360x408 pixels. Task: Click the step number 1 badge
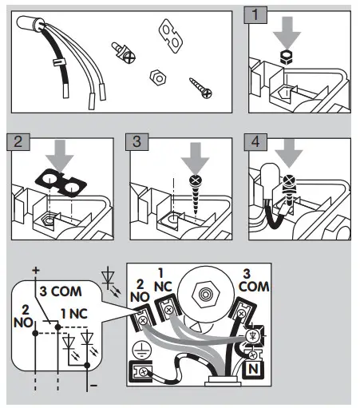255,15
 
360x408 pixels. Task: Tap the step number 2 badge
18,142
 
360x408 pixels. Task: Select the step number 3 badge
137,142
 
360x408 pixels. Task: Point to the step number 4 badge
255,142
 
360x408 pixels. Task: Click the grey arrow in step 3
196,157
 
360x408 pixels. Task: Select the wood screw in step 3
196,194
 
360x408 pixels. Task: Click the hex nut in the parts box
158,77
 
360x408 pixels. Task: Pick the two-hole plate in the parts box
171,36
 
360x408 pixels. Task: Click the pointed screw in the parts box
200,88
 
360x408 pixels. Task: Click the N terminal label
253,369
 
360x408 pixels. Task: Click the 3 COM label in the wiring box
253,281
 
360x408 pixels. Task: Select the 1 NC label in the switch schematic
74,314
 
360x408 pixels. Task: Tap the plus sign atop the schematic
36,271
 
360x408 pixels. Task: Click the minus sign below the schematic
93,386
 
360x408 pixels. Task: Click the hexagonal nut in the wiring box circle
206,294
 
